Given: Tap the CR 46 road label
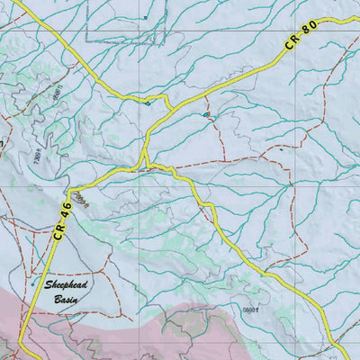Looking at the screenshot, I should click(59, 219).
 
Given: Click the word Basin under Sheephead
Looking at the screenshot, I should click(67, 297).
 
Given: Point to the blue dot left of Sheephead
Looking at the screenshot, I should click(33, 284).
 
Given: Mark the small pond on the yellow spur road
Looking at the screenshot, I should click(148, 103).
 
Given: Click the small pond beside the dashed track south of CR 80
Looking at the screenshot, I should click(206, 115).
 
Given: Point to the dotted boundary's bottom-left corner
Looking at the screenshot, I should click(87, 42).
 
